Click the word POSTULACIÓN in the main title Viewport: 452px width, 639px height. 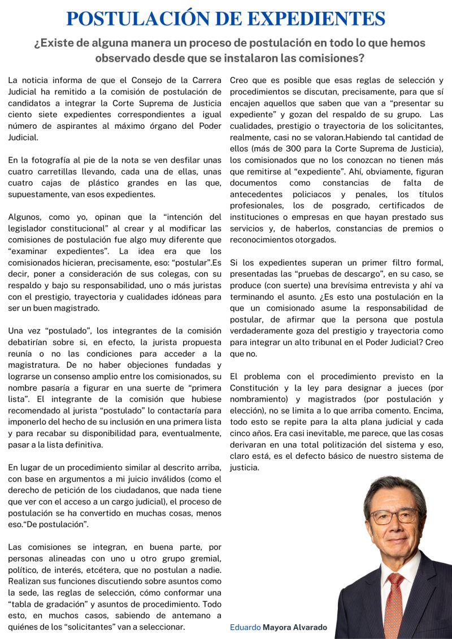click(x=142, y=19)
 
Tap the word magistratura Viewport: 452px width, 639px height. click(x=35, y=365)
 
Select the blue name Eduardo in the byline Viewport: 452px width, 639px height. click(x=245, y=627)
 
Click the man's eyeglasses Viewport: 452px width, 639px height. click(x=394, y=516)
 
